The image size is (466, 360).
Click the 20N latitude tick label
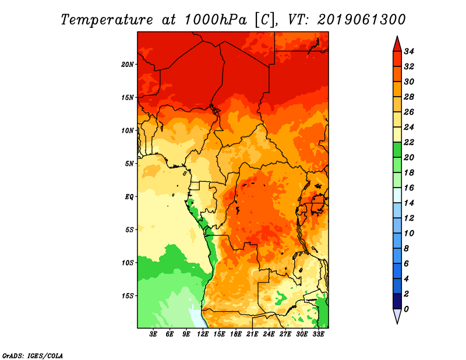pos(128,64)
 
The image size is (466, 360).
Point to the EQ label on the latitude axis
pos(129,196)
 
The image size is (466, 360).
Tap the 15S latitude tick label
pos(128,295)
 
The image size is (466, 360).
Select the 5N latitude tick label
pos(129,163)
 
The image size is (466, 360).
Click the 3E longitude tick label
pos(153,334)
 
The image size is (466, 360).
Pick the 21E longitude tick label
pos(252,334)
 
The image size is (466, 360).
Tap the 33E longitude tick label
pos(318,334)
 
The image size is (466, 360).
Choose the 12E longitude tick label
pos(203,334)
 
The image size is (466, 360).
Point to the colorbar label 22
pos(416,142)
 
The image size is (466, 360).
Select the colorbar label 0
pos(414,309)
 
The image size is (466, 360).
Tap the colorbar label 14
pos(416,203)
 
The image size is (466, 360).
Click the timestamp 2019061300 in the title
pos(361,19)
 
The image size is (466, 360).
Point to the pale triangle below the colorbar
pos(397,316)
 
